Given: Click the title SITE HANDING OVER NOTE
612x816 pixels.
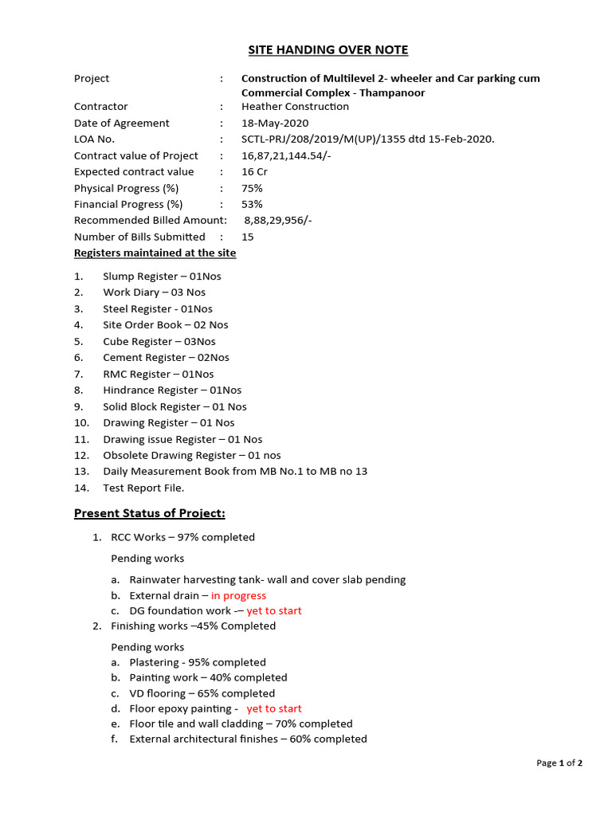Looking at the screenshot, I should [x=328, y=50].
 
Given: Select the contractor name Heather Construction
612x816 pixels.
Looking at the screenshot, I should [x=295, y=107].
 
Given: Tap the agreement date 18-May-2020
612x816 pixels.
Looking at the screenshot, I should [x=275, y=124].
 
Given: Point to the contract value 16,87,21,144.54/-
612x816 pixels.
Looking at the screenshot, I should [x=286, y=156].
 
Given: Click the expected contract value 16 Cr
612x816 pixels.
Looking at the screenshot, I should [x=254, y=172].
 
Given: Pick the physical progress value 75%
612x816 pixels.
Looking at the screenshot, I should [x=252, y=189].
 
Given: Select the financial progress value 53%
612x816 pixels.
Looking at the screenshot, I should [x=252, y=205].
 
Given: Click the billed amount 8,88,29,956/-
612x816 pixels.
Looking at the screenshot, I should [x=278, y=221].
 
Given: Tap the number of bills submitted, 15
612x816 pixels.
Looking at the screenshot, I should [x=248, y=237].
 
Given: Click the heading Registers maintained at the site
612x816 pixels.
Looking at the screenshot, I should [x=155, y=253].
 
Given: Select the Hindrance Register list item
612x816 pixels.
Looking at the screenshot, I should [x=172, y=390].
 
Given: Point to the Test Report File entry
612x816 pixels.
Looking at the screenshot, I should [x=143, y=488].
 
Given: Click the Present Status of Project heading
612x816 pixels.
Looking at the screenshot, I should [x=150, y=513].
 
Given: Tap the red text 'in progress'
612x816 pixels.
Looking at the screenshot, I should [x=238, y=596].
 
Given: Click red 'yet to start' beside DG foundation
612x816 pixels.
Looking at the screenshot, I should [x=274, y=611].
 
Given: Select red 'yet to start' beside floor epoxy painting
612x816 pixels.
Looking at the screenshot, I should [x=274, y=709].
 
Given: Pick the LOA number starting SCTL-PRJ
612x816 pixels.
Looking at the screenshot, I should [x=367, y=139].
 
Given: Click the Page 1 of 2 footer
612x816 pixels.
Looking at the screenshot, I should [x=559, y=763].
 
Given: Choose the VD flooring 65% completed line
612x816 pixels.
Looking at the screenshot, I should [x=202, y=694].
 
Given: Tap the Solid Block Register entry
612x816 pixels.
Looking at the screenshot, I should [x=175, y=406].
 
